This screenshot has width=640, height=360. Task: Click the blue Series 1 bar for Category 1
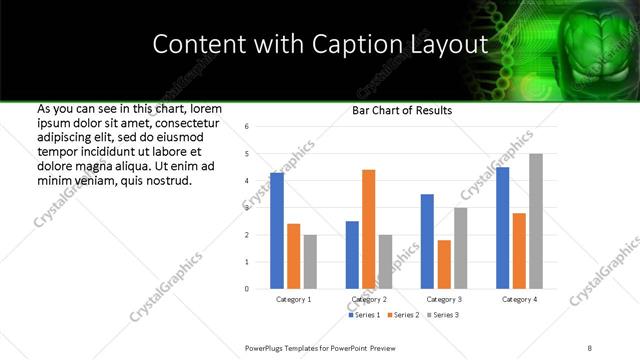point(277,231)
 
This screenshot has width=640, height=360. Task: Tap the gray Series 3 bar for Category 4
point(536,221)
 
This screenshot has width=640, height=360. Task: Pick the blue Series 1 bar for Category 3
point(427,241)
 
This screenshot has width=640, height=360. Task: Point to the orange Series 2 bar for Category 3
point(444,264)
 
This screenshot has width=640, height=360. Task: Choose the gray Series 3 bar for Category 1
point(310,262)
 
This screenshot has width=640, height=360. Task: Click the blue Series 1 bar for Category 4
point(502,228)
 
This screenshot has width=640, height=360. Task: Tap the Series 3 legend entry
point(445,315)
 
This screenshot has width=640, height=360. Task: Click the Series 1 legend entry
point(365,315)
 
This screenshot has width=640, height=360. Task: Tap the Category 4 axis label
point(519,299)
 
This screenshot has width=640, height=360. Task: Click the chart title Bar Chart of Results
point(402,110)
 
